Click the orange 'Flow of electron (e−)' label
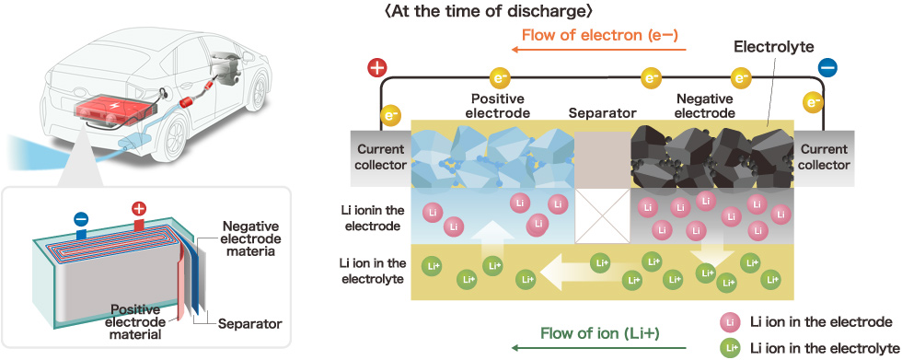tap(600, 35)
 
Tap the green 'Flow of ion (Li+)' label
tap(600, 333)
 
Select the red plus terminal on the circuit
tap(376, 68)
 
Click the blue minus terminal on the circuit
tap(827, 68)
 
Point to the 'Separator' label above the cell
tap(602, 112)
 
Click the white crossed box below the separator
tap(603, 215)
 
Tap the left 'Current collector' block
tap(381, 157)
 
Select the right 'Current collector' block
tap(824, 157)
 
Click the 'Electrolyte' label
tap(774, 47)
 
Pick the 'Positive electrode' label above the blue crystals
tap(496, 106)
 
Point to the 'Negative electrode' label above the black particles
tap(704, 106)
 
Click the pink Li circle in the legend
tap(730, 322)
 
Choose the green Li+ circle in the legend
tap(730, 347)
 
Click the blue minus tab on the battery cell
tap(81, 224)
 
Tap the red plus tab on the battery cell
tap(139, 212)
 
